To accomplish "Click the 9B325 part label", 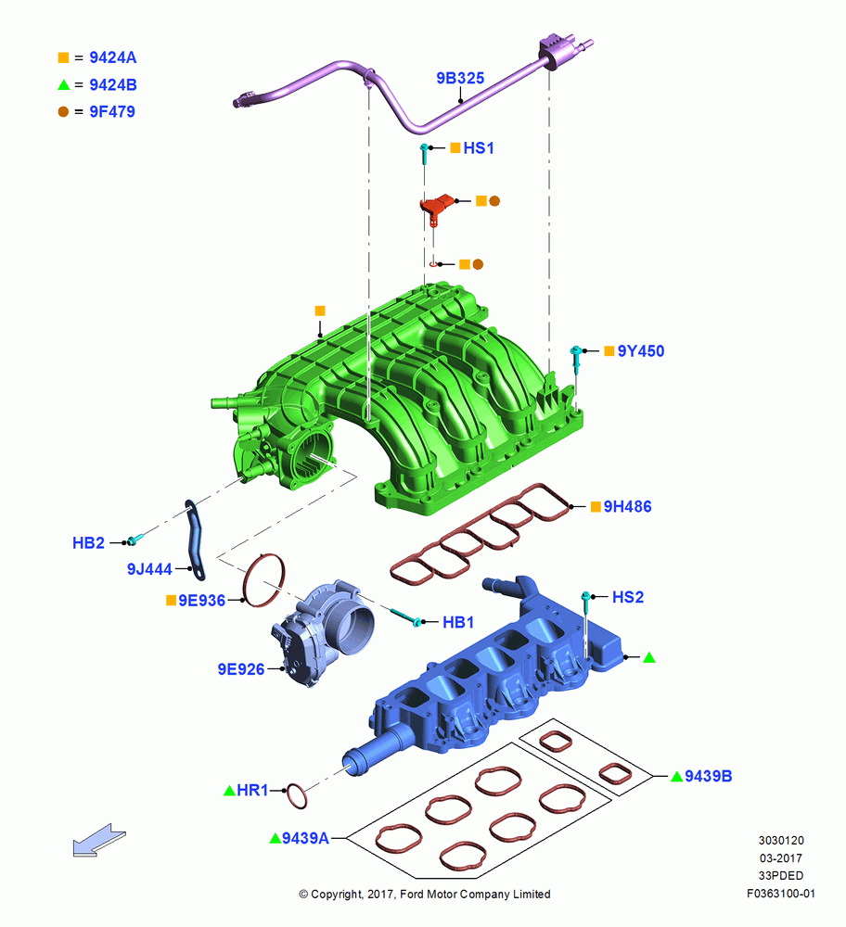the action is click(460, 78).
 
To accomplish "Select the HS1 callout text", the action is click(479, 147).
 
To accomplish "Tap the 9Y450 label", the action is click(641, 351).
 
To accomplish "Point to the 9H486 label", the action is click(627, 507).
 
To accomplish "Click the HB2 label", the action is click(88, 542).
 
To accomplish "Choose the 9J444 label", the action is click(149, 569).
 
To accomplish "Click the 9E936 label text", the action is click(201, 601).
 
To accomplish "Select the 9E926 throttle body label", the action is click(241, 669).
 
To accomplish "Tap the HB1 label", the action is click(458, 623).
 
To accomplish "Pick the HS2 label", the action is click(628, 597).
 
